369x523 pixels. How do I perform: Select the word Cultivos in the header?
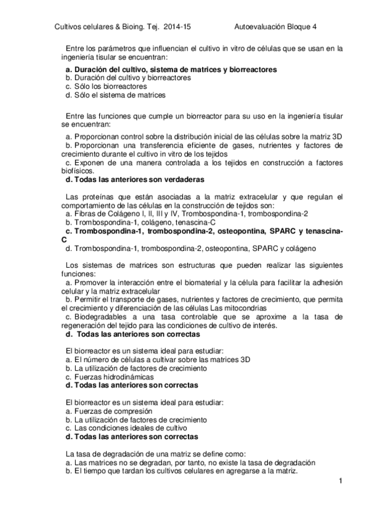(71, 27)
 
